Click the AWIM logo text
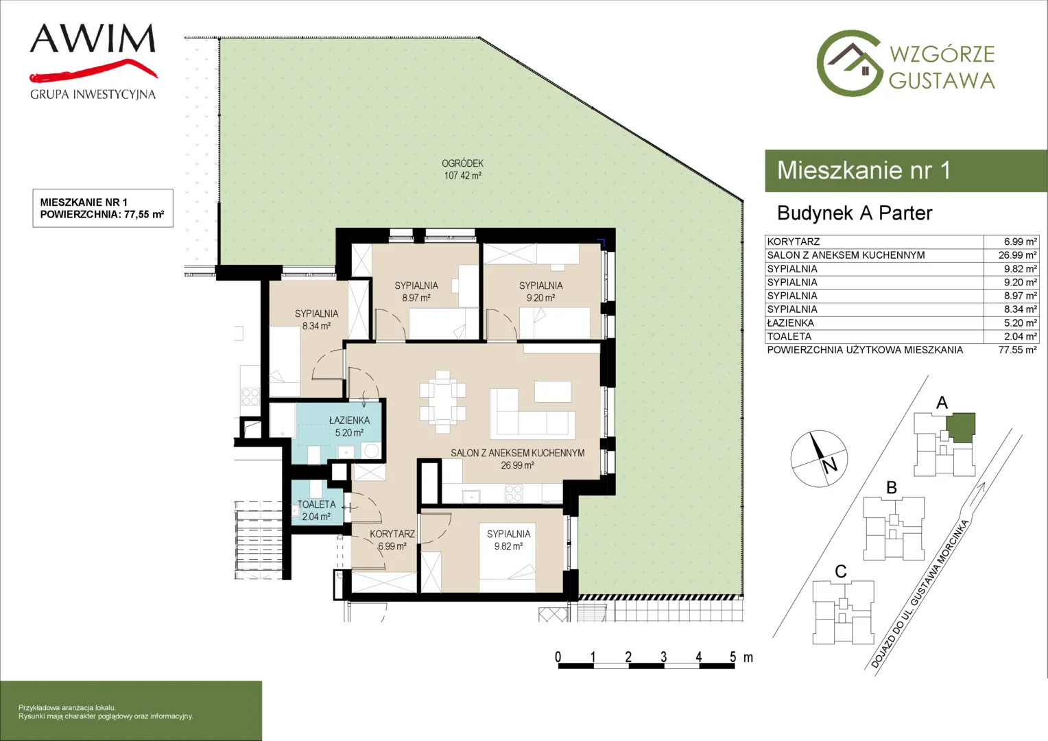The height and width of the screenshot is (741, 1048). [93, 38]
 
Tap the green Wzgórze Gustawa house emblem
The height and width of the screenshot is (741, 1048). [849, 63]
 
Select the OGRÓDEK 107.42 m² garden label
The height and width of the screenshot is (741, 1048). [463, 169]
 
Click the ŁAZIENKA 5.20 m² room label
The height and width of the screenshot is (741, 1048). [350, 427]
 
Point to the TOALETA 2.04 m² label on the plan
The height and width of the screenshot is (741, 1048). [317, 510]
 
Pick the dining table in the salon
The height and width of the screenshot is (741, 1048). [442, 401]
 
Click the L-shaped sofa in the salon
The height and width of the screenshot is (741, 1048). [532, 414]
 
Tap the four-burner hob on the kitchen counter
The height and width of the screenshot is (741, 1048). [513, 493]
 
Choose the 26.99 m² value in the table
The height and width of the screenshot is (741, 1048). [1018, 255]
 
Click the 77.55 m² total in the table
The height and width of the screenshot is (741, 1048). [1018, 350]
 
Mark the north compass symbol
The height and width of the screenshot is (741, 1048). [819, 458]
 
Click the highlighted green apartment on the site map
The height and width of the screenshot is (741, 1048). [961, 427]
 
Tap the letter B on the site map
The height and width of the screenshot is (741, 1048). [892, 488]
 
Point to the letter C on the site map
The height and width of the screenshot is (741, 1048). [841, 572]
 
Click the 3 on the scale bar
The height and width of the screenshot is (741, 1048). [663, 657]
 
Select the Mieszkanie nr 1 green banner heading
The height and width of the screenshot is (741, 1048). [864, 170]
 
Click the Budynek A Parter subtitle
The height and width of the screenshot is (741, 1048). [855, 213]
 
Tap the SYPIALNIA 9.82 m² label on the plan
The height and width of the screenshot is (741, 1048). [508, 540]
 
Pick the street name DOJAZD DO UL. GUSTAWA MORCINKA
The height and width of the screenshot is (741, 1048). [920, 593]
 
